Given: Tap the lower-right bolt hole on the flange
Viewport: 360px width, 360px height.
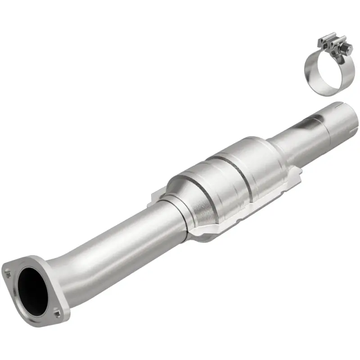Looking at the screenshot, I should [56, 310].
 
